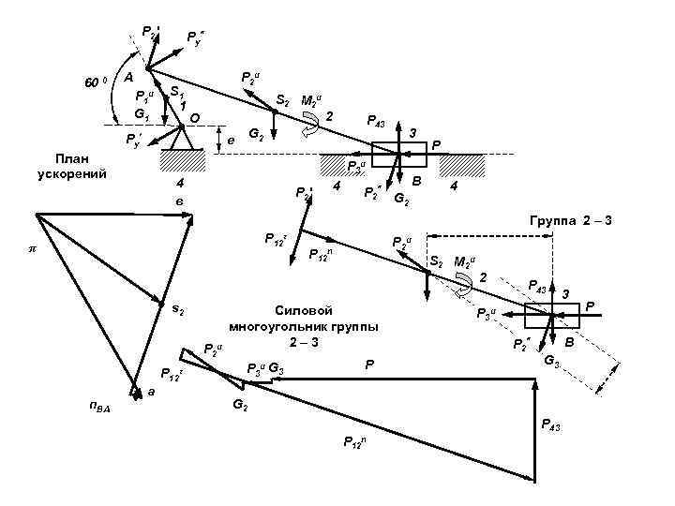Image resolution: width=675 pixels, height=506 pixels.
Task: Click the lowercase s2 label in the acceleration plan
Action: pos(177,308)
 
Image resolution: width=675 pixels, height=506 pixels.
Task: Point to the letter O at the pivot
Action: pos(194,117)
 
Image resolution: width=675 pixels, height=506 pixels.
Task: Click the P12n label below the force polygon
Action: pos(353,442)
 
